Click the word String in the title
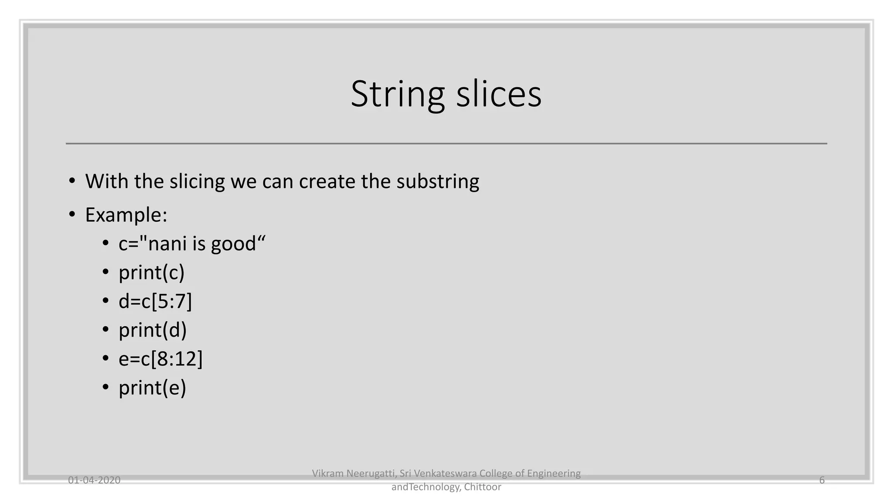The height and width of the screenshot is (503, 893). point(397,94)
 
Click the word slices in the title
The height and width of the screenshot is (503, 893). point(499,94)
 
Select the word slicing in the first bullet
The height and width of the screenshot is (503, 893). point(197,181)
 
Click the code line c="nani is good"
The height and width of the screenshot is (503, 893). point(192,244)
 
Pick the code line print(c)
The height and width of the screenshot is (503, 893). point(151,272)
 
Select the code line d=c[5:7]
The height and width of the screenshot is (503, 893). point(155,301)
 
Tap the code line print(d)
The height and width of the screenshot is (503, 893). point(153,330)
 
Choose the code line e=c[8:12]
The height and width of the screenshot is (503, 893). point(160,359)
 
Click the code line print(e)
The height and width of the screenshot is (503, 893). point(152,388)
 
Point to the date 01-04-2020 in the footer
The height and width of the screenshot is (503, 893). point(94,480)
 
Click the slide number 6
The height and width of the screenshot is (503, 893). point(822,480)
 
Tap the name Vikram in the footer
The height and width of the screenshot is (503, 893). point(327,473)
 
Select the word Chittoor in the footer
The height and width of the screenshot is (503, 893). point(483,487)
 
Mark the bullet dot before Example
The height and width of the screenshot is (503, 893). point(72,214)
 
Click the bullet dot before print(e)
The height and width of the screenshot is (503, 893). point(106,387)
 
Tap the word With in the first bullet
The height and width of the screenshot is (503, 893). point(106,181)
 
